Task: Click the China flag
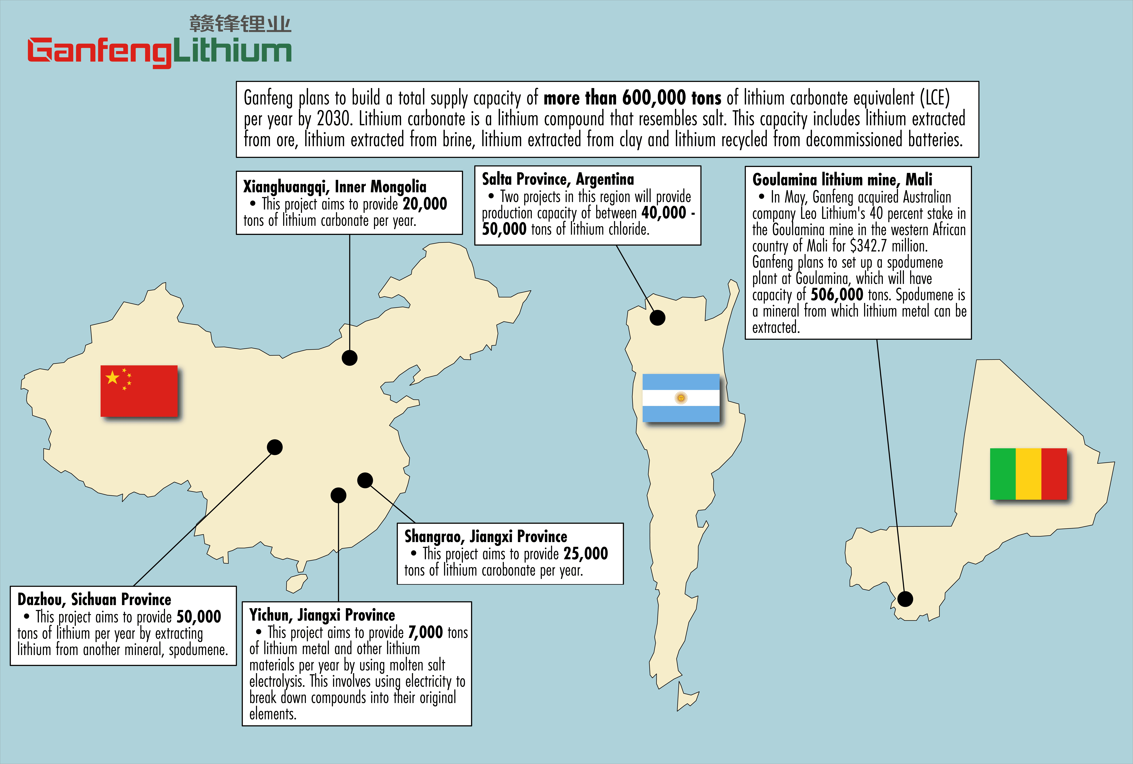click(139, 391)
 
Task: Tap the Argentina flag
click(681, 398)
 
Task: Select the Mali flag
click(1028, 474)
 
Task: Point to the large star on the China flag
click(113, 377)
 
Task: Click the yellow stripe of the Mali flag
click(1028, 474)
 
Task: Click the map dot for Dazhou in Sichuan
click(275, 447)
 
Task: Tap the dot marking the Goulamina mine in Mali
click(905, 599)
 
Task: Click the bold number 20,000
click(425, 204)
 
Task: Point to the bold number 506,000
click(837, 294)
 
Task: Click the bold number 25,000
click(585, 553)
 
